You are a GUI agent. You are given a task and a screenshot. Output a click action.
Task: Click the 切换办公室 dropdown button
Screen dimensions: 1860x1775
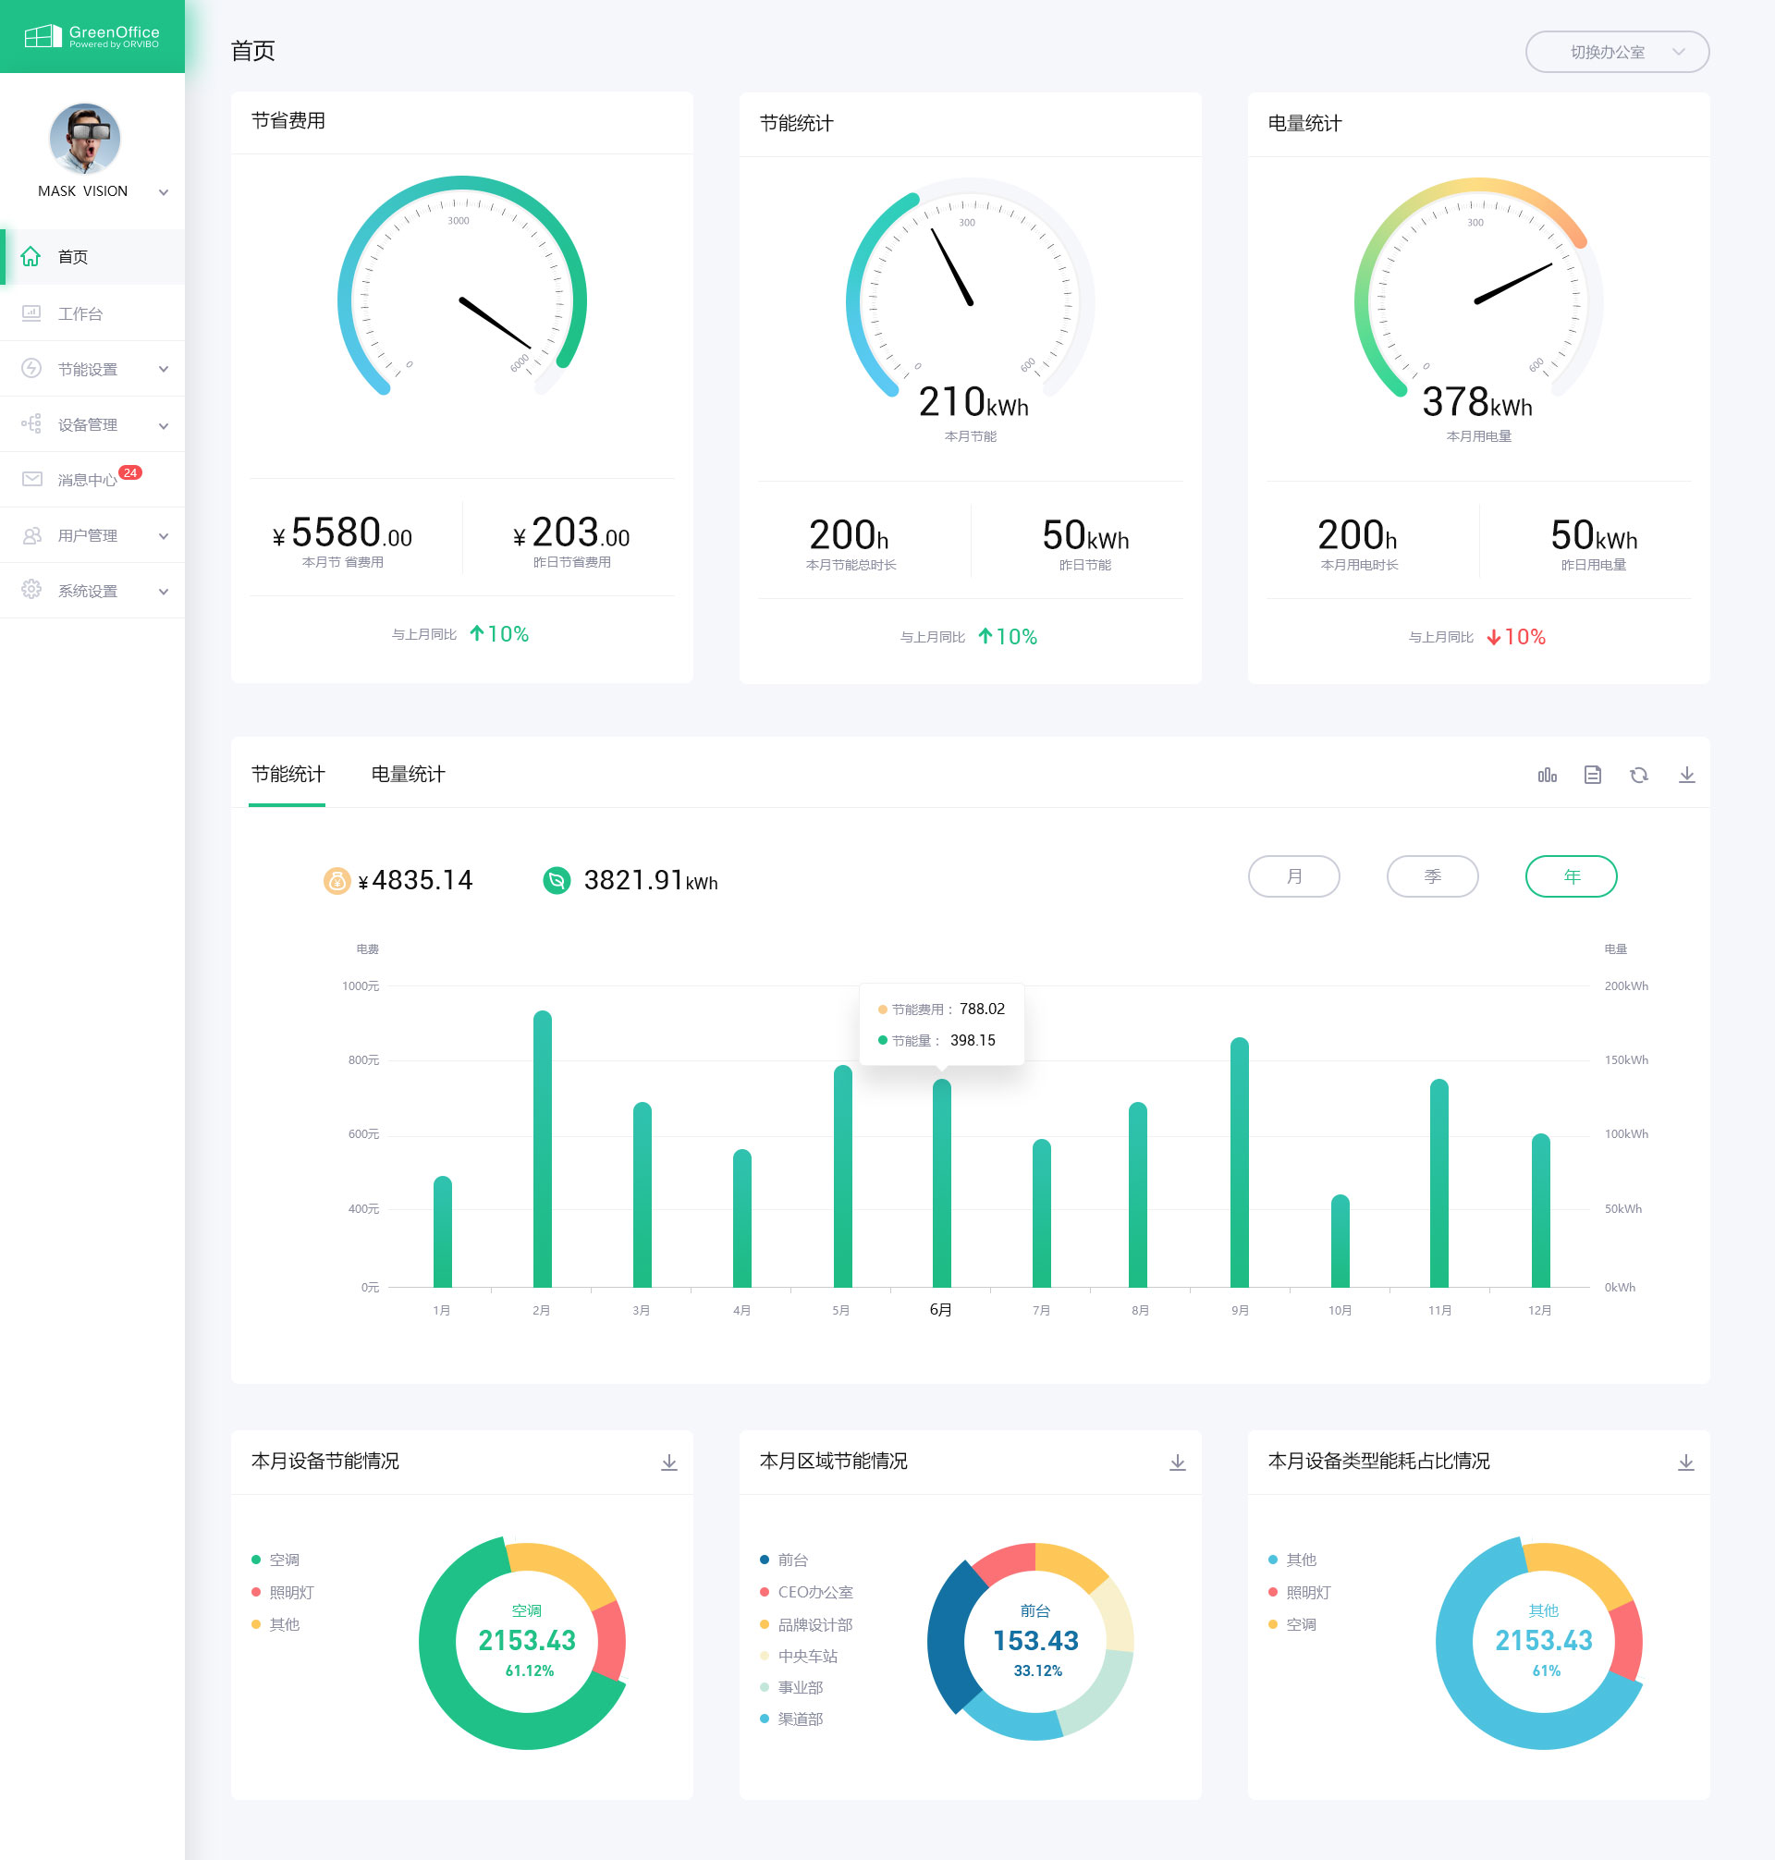1616,52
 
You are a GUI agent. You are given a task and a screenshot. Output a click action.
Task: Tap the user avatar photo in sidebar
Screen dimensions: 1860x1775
84,138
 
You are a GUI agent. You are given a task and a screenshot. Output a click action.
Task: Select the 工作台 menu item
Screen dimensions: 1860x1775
80,313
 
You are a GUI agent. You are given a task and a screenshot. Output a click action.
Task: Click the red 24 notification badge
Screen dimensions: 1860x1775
130,472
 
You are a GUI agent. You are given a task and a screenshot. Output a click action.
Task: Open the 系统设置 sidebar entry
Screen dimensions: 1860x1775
88,591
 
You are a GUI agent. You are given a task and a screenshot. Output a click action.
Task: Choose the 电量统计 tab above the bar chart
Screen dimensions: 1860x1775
408,774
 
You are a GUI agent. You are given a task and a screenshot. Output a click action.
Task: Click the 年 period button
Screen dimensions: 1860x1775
1570,876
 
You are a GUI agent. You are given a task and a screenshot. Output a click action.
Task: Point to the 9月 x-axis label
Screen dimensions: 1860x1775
1240,1310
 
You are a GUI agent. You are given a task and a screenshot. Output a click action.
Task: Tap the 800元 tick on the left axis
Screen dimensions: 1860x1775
363,1059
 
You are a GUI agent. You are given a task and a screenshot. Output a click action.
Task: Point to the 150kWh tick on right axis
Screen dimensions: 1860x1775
1625,1059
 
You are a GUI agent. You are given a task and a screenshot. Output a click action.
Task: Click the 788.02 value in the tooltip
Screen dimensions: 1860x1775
981,1009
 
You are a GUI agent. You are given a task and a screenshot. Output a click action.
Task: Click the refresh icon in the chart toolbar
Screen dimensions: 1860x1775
1639,775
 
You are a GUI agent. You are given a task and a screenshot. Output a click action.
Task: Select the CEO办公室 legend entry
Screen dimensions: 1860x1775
814,1592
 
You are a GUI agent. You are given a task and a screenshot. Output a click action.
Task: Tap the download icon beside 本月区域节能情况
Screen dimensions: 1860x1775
1177,1462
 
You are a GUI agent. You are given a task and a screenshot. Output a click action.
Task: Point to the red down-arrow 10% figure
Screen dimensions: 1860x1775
1515,637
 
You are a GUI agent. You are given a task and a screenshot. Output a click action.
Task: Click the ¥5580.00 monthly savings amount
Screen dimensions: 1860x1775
342,533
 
